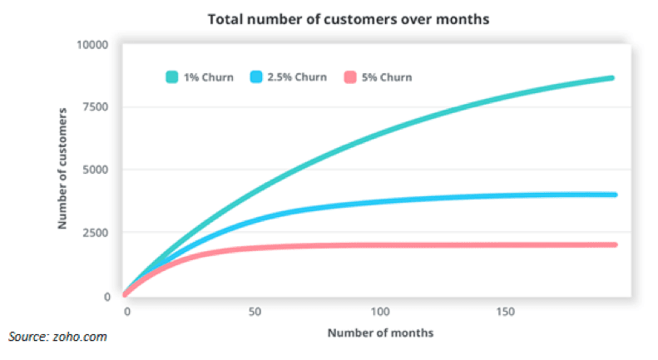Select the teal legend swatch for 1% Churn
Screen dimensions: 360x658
[x=172, y=77]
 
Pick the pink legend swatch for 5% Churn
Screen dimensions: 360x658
[x=349, y=77]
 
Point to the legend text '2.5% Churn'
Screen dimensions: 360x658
[x=297, y=77]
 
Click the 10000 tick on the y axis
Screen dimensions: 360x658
[x=92, y=44]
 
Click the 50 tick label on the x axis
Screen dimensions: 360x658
[x=254, y=311]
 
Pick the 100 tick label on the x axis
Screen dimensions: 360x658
[x=380, y=311]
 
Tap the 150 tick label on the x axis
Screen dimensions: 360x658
[x=507, y=311]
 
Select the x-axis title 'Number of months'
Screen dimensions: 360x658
[x=380, y=333]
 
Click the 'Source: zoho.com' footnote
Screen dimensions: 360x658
[x=57, y=337]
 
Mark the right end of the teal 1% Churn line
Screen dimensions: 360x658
[x=611, y=78]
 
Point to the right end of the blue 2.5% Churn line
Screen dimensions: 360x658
[x=614, y=195]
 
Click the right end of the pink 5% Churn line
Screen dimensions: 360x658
[x=614, y=244]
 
